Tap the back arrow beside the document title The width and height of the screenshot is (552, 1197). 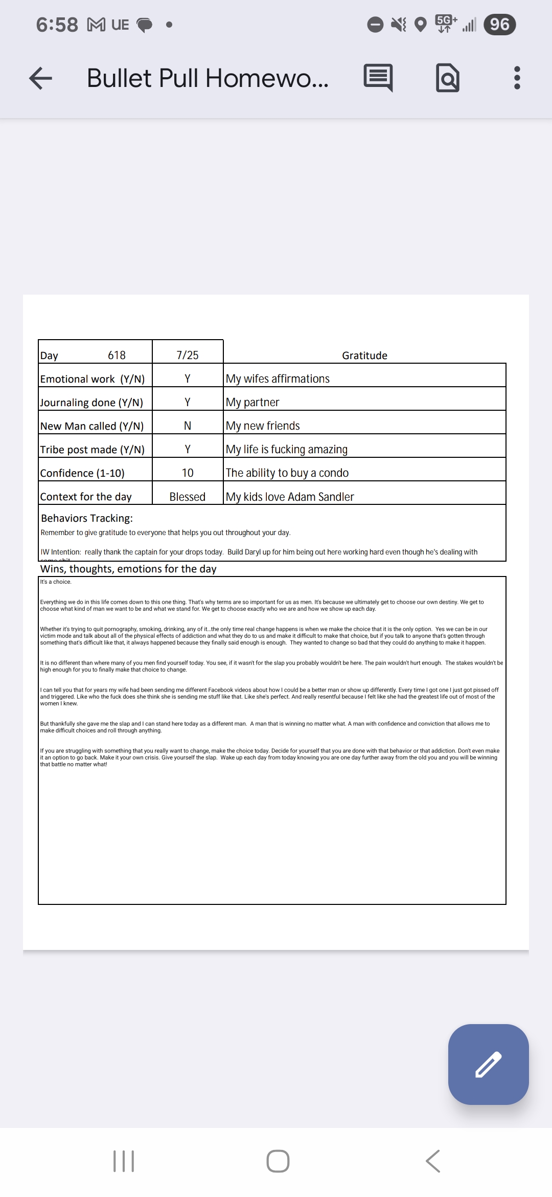point(41,78)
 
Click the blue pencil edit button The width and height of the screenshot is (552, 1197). point(488,1064)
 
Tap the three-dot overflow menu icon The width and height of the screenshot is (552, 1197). point(517,78)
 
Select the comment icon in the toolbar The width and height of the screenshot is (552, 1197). point(378,78)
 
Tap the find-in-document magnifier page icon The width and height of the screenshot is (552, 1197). point(448,78)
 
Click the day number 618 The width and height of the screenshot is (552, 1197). point(117,355)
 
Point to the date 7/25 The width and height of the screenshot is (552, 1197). point(188,355)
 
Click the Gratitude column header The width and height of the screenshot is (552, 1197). point(364,356)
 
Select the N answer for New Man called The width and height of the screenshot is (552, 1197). point(188,426)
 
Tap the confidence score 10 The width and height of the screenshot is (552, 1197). point(188,473)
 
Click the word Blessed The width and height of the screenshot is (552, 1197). point(188,497)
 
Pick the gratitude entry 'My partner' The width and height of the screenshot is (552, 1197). point(252,402)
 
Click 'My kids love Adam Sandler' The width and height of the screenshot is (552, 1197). point(290,497)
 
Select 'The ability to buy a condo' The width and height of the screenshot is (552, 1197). point(287,473)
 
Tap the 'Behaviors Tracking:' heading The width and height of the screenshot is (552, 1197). point(87,518)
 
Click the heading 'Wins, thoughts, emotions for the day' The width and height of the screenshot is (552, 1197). point(128,569)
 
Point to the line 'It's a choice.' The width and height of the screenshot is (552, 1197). point(56,582)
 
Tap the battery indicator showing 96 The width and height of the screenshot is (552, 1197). point(499,24)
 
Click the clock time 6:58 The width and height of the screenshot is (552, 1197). point(57,25)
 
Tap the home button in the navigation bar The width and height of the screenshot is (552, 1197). point(278,1161)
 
